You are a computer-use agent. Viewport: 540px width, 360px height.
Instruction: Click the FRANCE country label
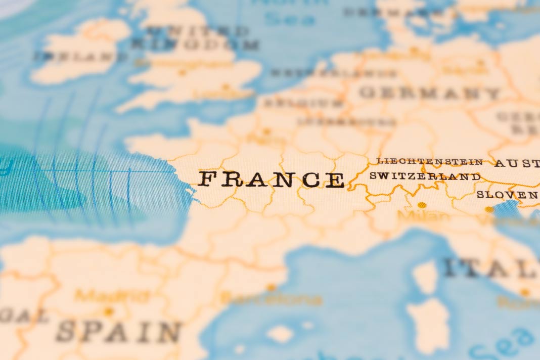(x=271, y=179)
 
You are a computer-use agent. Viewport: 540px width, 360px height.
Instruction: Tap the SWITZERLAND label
(x=425, y=176)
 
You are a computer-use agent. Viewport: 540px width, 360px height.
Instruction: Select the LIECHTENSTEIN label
(x=430, y=162)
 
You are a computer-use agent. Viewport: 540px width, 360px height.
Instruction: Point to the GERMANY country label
(x=430, y=93)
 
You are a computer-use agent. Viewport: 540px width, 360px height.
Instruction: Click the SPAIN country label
(x=118, y=332)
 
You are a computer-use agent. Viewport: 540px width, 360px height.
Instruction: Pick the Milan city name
(x=423, y=217)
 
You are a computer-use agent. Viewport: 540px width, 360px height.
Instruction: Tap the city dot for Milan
(x=422, y=205)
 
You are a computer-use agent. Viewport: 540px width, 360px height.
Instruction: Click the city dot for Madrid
(x=108, y=311)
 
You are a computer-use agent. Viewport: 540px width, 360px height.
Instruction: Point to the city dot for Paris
(x=266, y=131)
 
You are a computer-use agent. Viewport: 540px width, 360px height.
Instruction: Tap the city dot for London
(x=226, y=87)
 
